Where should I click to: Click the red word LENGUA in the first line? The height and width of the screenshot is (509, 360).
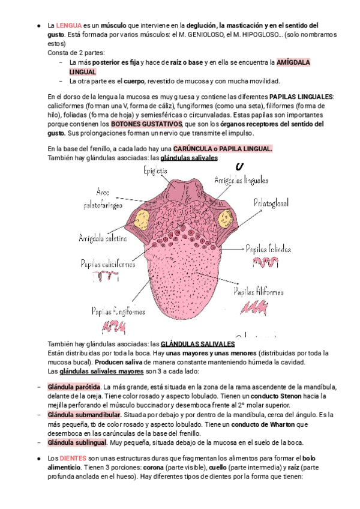tap(68, 25)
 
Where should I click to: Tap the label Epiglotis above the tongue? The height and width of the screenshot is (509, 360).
tap(155, 171)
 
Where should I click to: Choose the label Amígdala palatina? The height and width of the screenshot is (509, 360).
tap(103, 238)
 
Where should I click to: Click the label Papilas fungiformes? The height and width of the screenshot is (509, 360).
tap(118, 311)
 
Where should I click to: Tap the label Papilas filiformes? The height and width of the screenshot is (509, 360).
tap(259, 292)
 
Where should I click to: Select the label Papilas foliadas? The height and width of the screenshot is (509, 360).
tap(268, 248)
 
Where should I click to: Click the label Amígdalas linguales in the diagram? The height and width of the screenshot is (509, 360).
tap(241, 179)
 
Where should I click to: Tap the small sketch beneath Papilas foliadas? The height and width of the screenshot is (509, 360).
tap(265, 262)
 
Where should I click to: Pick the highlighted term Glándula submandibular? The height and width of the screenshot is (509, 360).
tap(84, 415)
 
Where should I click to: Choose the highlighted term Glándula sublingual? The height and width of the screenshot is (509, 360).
tap(77, 443)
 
